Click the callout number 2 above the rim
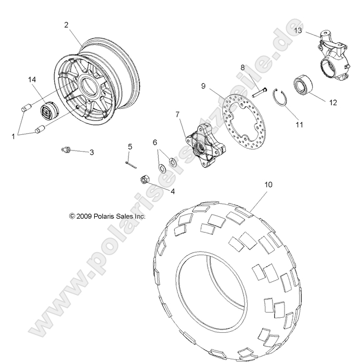[x=66, y=24]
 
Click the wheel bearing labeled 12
[x=303, y=84]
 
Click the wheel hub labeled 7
[x=198, y=144]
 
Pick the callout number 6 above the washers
[x=155, y=142]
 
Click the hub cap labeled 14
[x=50, y=112]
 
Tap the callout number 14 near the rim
[x=32, y=79]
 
